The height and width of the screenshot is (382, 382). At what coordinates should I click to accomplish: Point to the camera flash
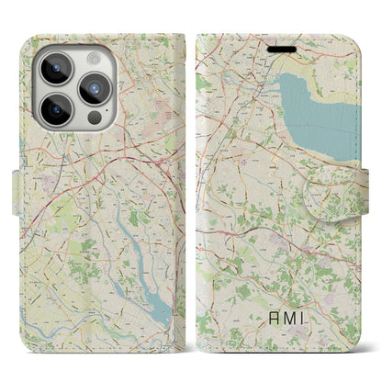pyautogui.click(x=94, y=57)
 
